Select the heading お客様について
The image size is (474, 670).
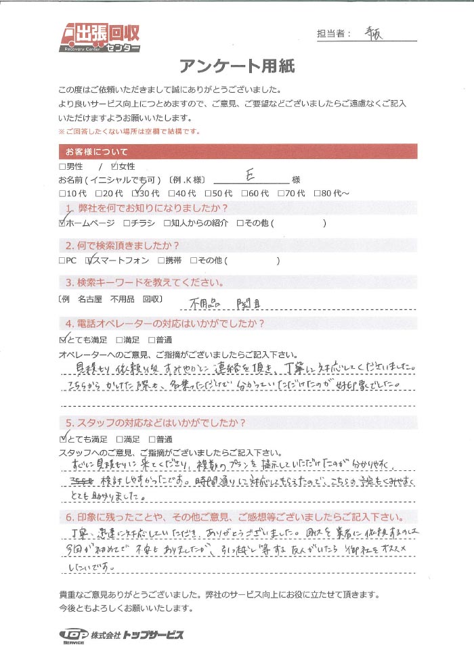click(x=96, y=151)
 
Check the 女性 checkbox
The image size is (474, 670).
click(x=114, y=166)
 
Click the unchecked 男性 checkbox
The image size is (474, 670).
click(x=63, y=166)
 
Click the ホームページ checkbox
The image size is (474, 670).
click(x=63, y=222)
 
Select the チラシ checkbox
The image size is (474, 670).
click(x=127, y=222)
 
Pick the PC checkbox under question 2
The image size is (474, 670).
click(x=63, y=260)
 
